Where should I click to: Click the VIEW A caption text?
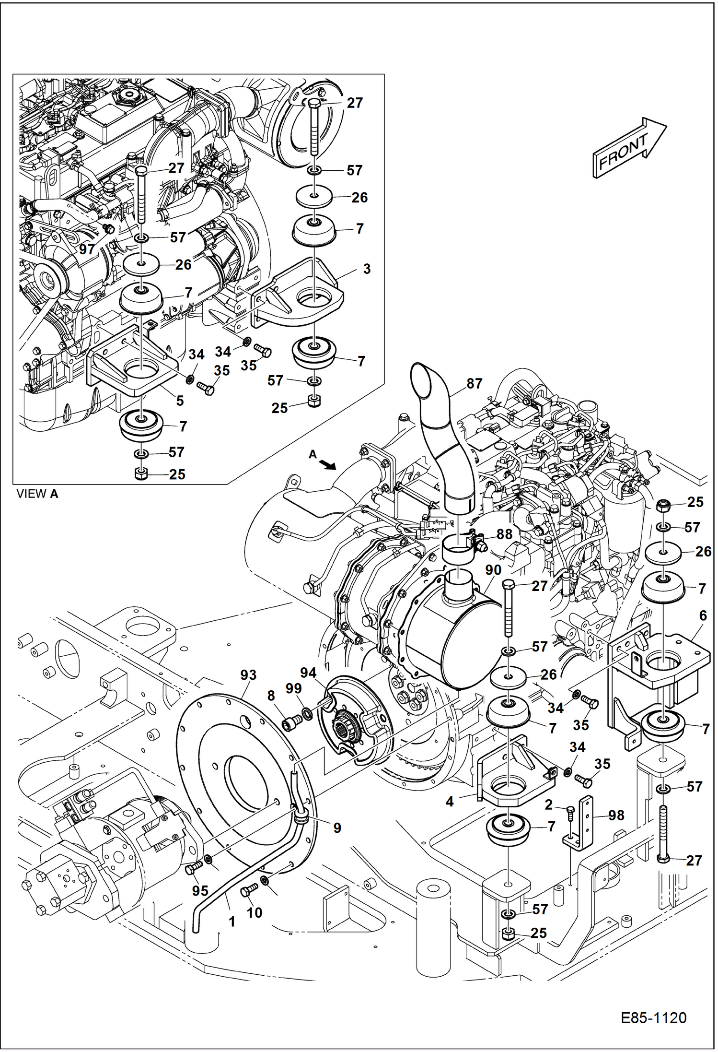37,494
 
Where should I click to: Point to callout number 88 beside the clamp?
504,534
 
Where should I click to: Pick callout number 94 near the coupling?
308,673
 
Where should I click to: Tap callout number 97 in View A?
87,249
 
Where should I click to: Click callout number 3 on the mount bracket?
367,269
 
